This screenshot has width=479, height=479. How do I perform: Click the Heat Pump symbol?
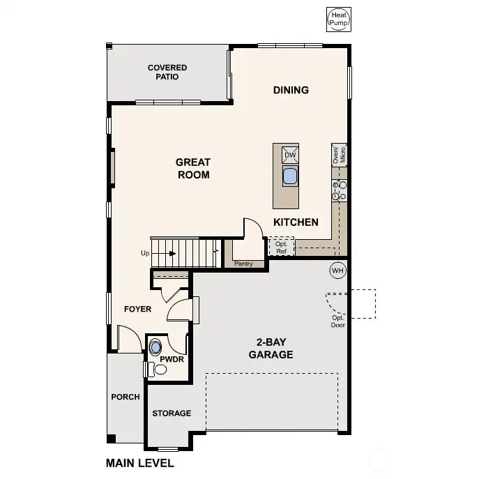point(338,20)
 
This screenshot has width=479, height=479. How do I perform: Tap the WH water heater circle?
point(338,271)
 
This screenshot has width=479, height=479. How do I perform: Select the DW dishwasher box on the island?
point(290,155)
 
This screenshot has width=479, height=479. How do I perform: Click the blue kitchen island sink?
point(290,176)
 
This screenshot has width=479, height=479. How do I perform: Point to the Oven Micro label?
point(339,155)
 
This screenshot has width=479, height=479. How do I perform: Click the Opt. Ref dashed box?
point(282,246)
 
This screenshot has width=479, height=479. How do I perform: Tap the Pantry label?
point(243,264)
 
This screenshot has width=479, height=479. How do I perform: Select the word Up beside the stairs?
point(145,253)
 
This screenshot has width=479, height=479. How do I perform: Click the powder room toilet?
point(158,370)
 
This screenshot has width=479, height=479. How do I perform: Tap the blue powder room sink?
point(155,347)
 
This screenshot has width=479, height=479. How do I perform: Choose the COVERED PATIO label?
point(167,72)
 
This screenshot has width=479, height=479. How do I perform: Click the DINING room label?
point(291,90)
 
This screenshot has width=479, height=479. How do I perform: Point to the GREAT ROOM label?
point(193,168)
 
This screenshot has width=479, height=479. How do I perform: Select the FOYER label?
point(138,309)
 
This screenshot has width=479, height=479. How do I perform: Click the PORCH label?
point(126,397)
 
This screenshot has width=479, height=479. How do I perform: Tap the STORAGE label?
point(172,413)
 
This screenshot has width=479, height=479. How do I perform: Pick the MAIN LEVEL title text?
point(140,463)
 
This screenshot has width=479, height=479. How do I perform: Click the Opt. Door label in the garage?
point(338,321)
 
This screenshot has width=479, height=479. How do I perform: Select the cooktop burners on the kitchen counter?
point(339,190)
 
